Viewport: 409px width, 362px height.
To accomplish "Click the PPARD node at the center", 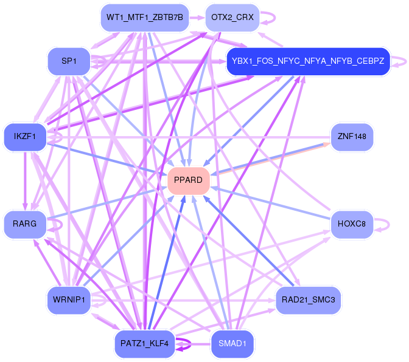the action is (x=189, y=180).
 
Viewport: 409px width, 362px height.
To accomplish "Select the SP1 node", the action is (x=69, y=61).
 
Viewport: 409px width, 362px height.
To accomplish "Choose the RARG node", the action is (x=24, y=224).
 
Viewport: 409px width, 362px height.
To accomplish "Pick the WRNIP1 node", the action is (x=69, y=299).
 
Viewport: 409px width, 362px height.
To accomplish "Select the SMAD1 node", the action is (x=232, y=344).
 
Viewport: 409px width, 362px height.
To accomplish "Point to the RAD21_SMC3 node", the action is (x=309, y=299).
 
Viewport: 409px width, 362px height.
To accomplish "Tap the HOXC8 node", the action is (x=351, y=224).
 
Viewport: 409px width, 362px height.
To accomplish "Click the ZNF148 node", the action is (x=351, y=137).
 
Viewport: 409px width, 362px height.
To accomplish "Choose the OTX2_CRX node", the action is (x=232, y=18).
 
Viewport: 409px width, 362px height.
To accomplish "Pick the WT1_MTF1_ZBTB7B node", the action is (x=144, y=18).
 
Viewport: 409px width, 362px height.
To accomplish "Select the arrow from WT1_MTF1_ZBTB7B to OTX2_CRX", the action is (x=197, y=18).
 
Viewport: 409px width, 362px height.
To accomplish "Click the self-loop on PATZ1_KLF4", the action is (x=186, y=344).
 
